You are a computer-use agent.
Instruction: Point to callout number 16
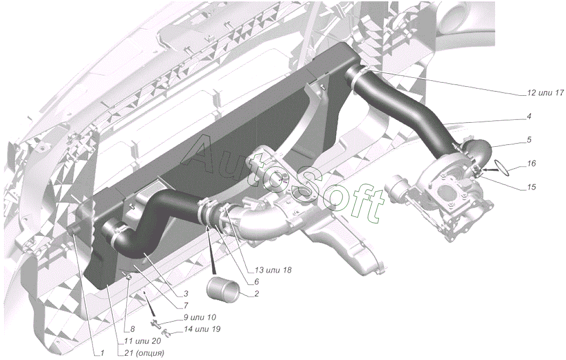[x=531, y=164]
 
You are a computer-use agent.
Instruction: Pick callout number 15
[x=531, y=187]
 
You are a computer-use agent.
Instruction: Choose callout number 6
[x=257, y=281]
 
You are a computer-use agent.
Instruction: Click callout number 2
[x=257, y=294]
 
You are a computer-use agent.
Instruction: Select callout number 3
[x=186, y=294]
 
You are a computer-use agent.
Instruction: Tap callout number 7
[x=186, y=306]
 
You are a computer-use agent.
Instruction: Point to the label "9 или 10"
[x=200, y=317]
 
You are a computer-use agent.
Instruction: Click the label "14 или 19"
[x=202, y=329]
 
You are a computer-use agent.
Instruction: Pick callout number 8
[x=132, y=329]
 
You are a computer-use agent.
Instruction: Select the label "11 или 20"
[x=142, y=341]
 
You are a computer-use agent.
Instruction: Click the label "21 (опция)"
[x=144, y=353]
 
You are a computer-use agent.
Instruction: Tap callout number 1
[x=102, y=353]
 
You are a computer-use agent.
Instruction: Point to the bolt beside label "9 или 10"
[x=155, y=323]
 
